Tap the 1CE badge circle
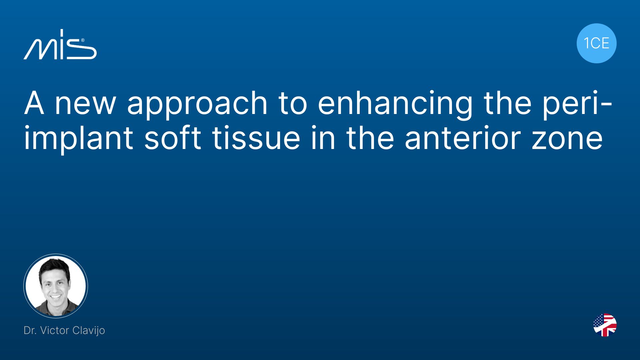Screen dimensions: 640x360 (596, 43)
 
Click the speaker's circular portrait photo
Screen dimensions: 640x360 (56, 286)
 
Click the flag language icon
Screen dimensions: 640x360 (605, 325)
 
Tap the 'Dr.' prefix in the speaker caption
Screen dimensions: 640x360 (30, 330)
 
